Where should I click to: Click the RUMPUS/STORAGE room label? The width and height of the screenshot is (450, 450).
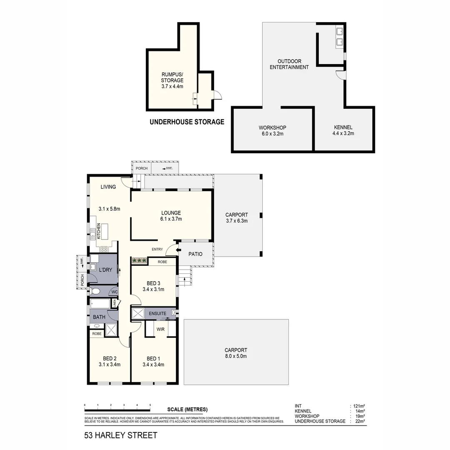[x=172, y=80]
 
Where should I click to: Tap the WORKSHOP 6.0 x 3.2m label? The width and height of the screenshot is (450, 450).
[x=272, y=131]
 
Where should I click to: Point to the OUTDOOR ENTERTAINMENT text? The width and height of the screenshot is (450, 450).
[x=289, y=64]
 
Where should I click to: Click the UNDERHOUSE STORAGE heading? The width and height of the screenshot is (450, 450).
[x=187, y=122]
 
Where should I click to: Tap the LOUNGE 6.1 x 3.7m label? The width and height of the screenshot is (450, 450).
[x=171, y=216]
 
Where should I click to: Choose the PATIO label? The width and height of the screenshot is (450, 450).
[x=195, y=254]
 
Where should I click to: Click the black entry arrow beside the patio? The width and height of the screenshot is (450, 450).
[x=179, y=250]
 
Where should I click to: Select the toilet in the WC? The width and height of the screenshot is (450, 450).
[x=95, y=291]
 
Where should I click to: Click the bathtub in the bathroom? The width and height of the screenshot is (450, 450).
[x=100, y=303]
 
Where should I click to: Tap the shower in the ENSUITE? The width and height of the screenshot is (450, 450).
[x=137, y=313]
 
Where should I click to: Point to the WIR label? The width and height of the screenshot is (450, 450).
[x=161, y=329]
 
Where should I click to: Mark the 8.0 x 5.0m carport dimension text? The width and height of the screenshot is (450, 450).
[x=236, y=356]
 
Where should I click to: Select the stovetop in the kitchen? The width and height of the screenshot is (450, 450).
[x=103, y=249]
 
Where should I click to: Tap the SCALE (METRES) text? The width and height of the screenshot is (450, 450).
[x=187, y=409]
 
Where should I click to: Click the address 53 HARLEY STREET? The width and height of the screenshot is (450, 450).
[x=121, y=435]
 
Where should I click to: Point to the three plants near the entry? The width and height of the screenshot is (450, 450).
[x=139, y=261]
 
